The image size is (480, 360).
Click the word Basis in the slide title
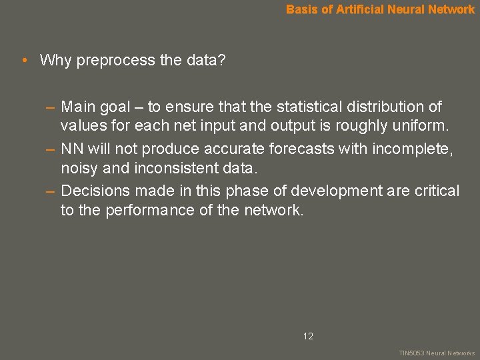pyautogui.click(x=301, y=9)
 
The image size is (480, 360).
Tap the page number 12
pyautogui.click(x=308, y=336)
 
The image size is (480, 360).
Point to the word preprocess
pyautogui.click(x=117, y=61)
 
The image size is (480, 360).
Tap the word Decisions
pyautogui.click(x=95, y=191)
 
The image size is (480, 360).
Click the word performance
pyautogui.click(x=142, y=211)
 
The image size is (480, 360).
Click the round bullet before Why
pyautogui.click(x=24, y=61)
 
